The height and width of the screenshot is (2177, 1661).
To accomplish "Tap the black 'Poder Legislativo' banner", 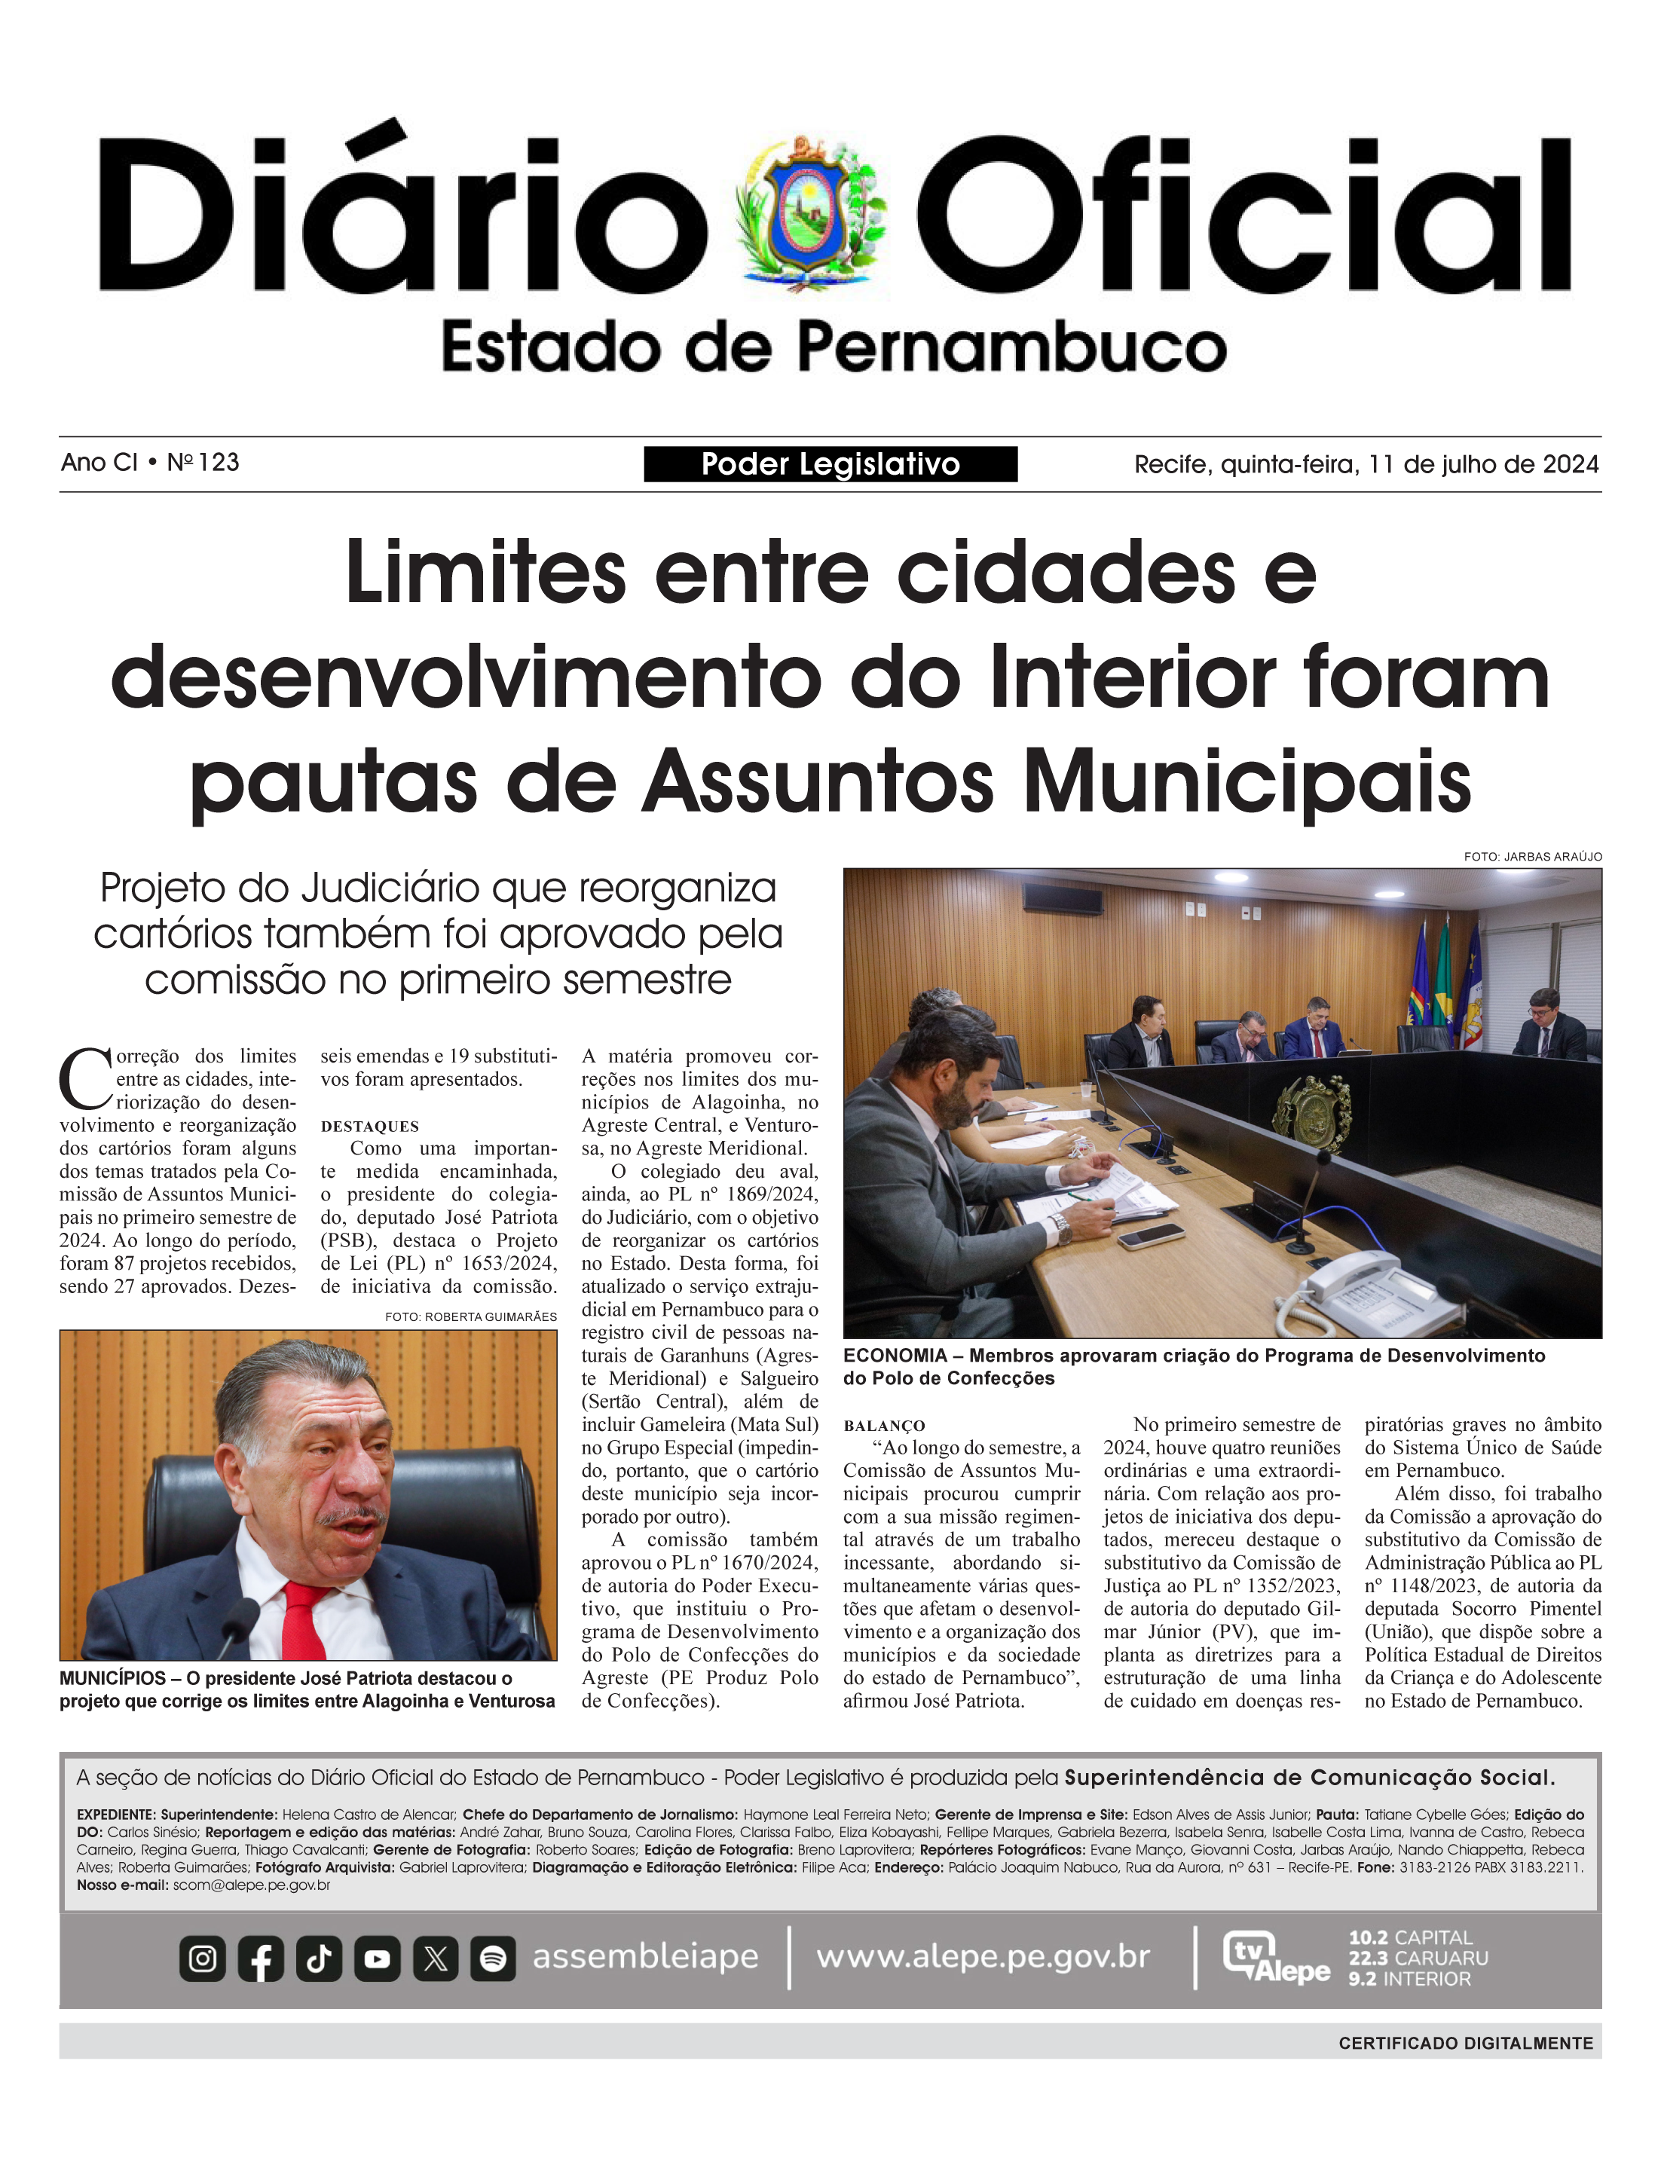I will (830, 463).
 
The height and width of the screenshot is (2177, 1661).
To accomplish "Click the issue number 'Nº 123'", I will (203, 462).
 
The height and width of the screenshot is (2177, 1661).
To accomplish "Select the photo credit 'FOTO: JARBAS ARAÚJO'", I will (1532, 856).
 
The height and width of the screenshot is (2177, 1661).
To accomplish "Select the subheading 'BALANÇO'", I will (884, 1426).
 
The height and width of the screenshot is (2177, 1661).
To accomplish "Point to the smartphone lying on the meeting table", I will (1151, 1236).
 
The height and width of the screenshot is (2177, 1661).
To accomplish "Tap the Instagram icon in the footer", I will (203, 1958).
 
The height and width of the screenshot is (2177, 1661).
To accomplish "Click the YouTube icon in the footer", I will (377, 1958).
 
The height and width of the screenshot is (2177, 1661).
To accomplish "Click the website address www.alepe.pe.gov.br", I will (983, 1956).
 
